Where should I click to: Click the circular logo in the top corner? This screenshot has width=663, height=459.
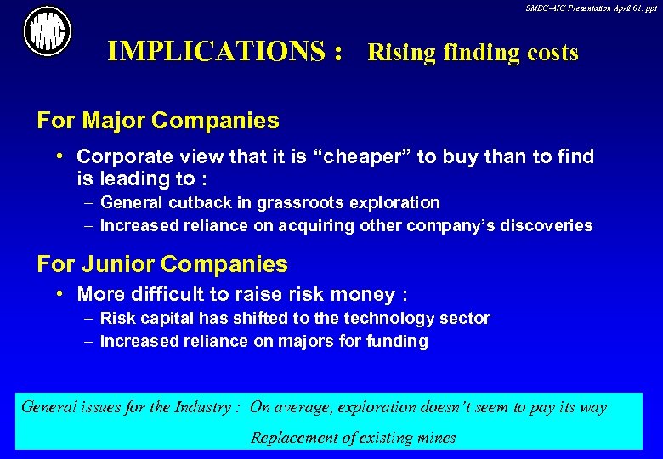[48, 31]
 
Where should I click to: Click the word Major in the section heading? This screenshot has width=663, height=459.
[114, 121]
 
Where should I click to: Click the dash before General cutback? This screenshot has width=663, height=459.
[89, 202]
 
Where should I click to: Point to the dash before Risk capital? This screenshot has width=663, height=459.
[89, 318]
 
